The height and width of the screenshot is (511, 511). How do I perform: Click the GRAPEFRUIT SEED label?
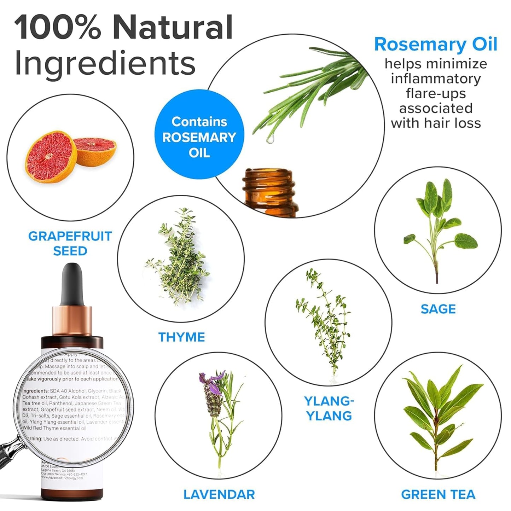click(x=70, y=243)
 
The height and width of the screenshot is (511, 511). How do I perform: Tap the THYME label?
click(x=181, y=337)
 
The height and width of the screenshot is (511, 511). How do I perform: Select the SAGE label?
click(x=438, y=309)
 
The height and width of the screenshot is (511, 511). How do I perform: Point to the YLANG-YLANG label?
click(x=329, y=408)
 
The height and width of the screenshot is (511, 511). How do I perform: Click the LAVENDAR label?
click(x=219, y=494)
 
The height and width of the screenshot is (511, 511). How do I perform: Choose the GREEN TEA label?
click(x=438, y=494)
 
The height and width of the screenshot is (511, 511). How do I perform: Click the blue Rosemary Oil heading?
click(x=436, y=45)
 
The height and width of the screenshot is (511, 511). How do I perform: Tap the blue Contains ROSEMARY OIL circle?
click(x=199, y=137)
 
